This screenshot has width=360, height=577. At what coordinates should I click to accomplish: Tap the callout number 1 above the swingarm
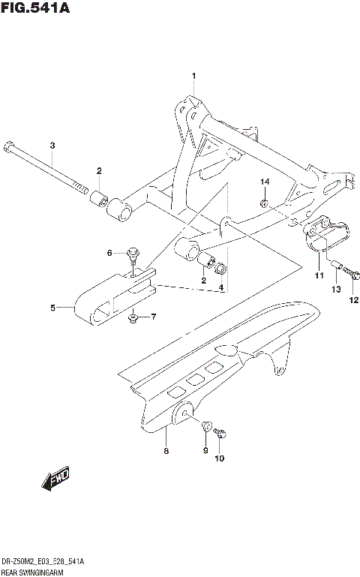pyautogui.click(x=193, y=77)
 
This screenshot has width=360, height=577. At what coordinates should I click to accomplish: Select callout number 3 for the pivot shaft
pyautogui.click(x=52, y=146)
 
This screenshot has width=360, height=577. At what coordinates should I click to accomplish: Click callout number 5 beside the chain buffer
pyautogui.click(x=53, y=307)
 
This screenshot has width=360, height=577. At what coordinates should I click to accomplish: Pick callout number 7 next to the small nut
pyautogui.click(x=154, y=317)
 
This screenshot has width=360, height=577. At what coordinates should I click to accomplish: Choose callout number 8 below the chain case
pyautogui.click(x=166, y=450)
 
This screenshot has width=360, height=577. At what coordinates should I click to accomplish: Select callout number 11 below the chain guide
pyautogui.click(x=318, y=276)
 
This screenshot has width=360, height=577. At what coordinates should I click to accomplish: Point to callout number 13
pyautogui.click(x=336, y=290)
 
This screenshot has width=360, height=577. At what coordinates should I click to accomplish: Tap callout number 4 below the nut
pyautogui.click(x=221, y=287)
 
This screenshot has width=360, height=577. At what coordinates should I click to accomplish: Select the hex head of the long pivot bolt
pyautogui.click(x=7, y=146)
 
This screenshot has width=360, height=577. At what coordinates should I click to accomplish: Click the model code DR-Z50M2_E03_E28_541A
pyautogui.click(x=42, y=562)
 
